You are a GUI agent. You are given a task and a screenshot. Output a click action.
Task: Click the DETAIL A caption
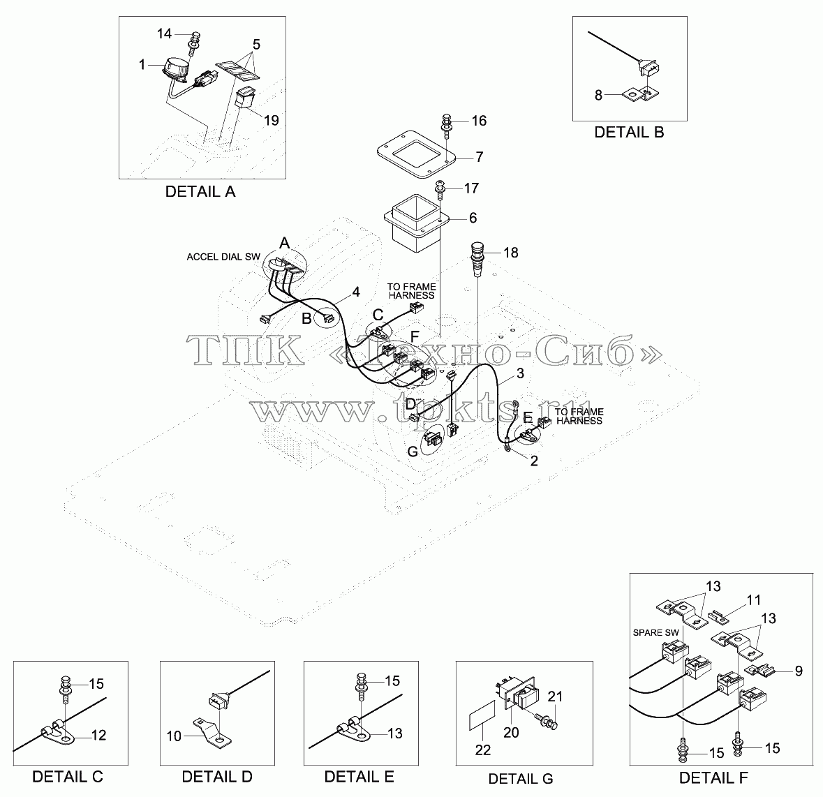pos(200,191)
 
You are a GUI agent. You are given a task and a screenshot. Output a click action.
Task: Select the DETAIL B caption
pos(629,132)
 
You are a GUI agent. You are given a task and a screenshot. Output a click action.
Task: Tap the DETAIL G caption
pos(520,779)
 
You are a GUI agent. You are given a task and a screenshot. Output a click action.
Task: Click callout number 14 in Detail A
pos(164,33)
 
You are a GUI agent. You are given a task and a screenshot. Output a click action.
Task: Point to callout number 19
pos(271,120)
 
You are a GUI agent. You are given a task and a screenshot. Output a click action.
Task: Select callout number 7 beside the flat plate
pos(479,156)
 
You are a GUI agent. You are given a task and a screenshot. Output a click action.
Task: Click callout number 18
pos(511,253)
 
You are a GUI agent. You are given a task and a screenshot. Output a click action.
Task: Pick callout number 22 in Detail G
pos(482,750)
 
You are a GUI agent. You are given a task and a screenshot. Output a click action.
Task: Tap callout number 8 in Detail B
pos(598,96)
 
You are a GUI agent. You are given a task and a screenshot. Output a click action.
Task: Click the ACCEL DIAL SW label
pos(223,257)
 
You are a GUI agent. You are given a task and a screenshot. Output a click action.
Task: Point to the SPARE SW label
pos(655,633)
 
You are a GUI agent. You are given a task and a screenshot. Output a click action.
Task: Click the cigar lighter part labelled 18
pos(477,259)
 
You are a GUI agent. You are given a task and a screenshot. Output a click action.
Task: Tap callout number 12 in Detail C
pos(98,735)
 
